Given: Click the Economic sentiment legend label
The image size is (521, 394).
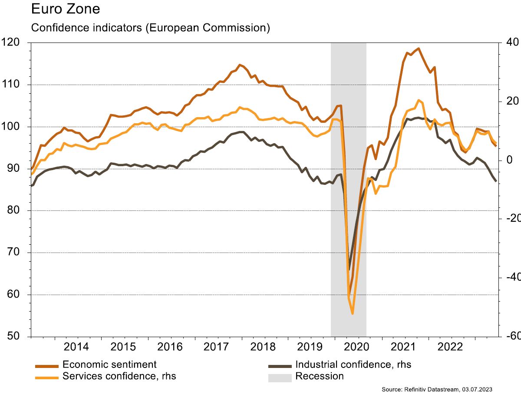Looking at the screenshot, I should pos(109,364).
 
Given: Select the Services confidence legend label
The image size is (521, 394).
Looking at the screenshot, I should pos(119,376).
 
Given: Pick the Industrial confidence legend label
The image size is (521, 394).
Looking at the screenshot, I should pos(353,364).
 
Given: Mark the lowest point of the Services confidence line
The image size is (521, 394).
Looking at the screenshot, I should pos(353,313).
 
